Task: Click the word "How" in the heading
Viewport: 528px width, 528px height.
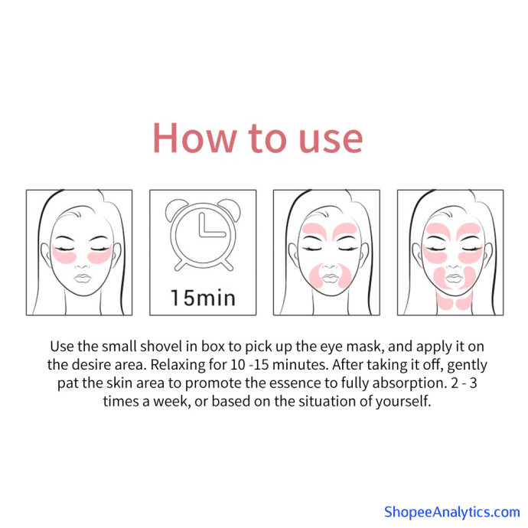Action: pyautogui.click(x=194, y=138)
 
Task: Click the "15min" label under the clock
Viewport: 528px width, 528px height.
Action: pyautogui.click(x=203, y=298)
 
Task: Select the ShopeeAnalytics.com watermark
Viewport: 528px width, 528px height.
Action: pyautogui.click(x=452, y=512)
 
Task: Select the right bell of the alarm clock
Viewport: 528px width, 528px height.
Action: pyautogui.click(x=230, y=209)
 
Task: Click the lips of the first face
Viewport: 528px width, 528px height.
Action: pyautogui.click(x=83, y=278)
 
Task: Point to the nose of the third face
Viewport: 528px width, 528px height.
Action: pyautogui.click(x=329, y=266)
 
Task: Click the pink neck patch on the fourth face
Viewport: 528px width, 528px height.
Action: pyautogui.click(x=453, y=301)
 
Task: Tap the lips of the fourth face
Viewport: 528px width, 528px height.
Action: pyautogui.click(x=454, y=279)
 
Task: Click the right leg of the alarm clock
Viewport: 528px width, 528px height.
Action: pyautogui.click(x=228, y=265)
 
